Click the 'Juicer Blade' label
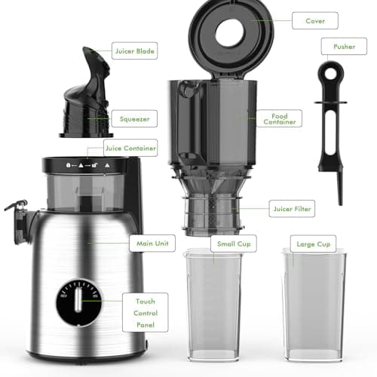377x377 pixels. (x=136, y=52)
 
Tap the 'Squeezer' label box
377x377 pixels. (x=133, y=118)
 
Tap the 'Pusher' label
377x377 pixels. (x=343, y=46)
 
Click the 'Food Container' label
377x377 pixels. (x=290, y=118)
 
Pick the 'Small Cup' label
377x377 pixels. (x=235, y=243)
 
